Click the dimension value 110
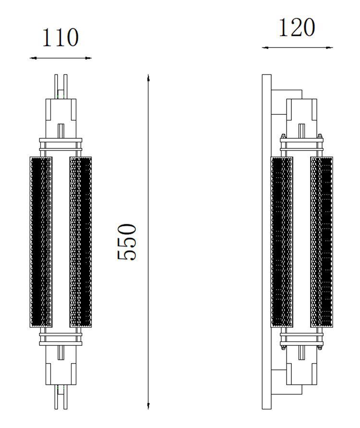60,38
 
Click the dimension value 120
297,28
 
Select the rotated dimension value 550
128,242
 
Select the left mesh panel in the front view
41,242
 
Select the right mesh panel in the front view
81,242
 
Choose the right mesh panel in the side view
322,242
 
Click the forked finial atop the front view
60,86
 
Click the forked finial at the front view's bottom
60,397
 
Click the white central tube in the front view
60,242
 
